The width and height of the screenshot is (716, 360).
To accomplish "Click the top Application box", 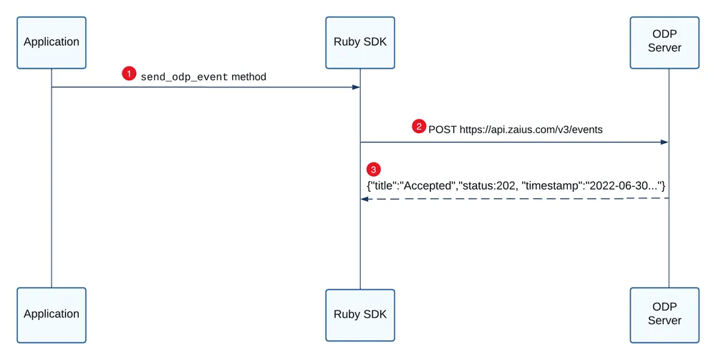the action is [x=52, y=43].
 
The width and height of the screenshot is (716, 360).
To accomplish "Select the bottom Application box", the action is [x=52, y=316].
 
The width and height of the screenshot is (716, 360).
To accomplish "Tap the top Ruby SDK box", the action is [x=360, y=43].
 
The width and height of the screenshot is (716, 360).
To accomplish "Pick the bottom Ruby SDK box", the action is [x=360, y=316].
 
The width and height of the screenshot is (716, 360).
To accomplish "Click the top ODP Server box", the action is [x=664, y=43].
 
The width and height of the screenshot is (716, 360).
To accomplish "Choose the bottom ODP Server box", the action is [x=664, y=316].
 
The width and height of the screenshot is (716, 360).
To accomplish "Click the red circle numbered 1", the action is [x=129, y=74].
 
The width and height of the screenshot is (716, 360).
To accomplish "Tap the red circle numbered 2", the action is [x=419, y=126].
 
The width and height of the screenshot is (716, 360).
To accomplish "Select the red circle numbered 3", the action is [x=374, y=170].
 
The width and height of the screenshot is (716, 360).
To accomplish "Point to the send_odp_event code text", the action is [x=184, y=77].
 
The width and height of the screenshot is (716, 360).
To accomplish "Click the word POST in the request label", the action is [x=442, y=130].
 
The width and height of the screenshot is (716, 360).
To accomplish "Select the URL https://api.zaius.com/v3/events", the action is [x=531, y=130].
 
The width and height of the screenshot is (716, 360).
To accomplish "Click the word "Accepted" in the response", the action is [x=428, y=185].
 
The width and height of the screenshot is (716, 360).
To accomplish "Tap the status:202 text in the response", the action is [x=490, y=185].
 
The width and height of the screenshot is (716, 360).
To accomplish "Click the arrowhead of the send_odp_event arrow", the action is [x=356, y=87].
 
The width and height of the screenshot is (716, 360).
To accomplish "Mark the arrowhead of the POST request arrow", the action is [x=665, y=142].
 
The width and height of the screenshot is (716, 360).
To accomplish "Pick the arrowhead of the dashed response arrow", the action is [x=364, y=199].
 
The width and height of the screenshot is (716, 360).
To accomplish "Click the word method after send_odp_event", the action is [x=249, y=77].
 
